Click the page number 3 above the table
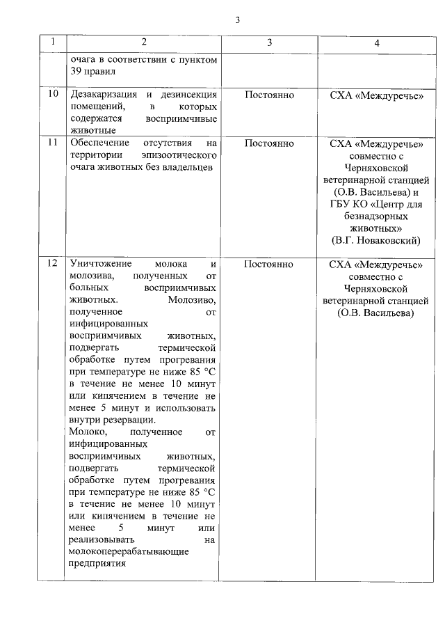click(x=237, y=19)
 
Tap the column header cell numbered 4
click(x=377, y=42)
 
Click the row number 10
click(x=52, y=94)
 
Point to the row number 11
click(x=52, y=143)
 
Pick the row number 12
click(x=52, y=265)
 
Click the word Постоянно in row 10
click(x=269, y=94)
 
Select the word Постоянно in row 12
click(x=269, y=265)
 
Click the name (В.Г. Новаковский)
click(x=376, y=240)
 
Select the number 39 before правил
click(x=77, y=72)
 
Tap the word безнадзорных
click(x=376, y=216)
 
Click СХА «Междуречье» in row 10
click(x=376, y=94)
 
